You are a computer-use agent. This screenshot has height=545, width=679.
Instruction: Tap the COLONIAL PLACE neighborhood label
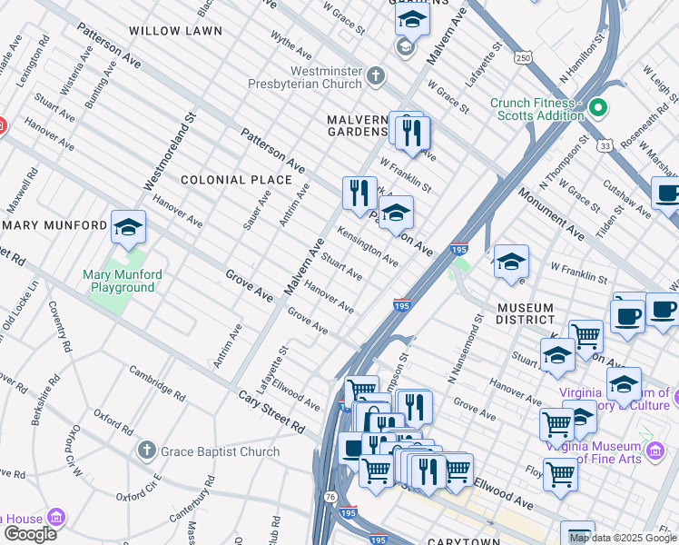[x=225, y=180]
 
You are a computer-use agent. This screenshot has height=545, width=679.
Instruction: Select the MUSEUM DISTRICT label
[x=538, y=313]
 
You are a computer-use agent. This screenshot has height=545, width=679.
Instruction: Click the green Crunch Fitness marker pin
[x=597, y=109]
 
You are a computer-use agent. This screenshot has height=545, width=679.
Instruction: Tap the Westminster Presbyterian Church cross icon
[x=378, y=78]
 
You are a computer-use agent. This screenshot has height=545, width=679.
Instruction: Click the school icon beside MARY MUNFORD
[x=128, y=228]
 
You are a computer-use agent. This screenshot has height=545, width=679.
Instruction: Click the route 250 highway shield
[x=522, y=57]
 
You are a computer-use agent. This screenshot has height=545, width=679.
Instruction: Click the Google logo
[x=30, y=533]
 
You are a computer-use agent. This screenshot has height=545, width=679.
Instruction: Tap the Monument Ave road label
[x=552, y=213]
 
